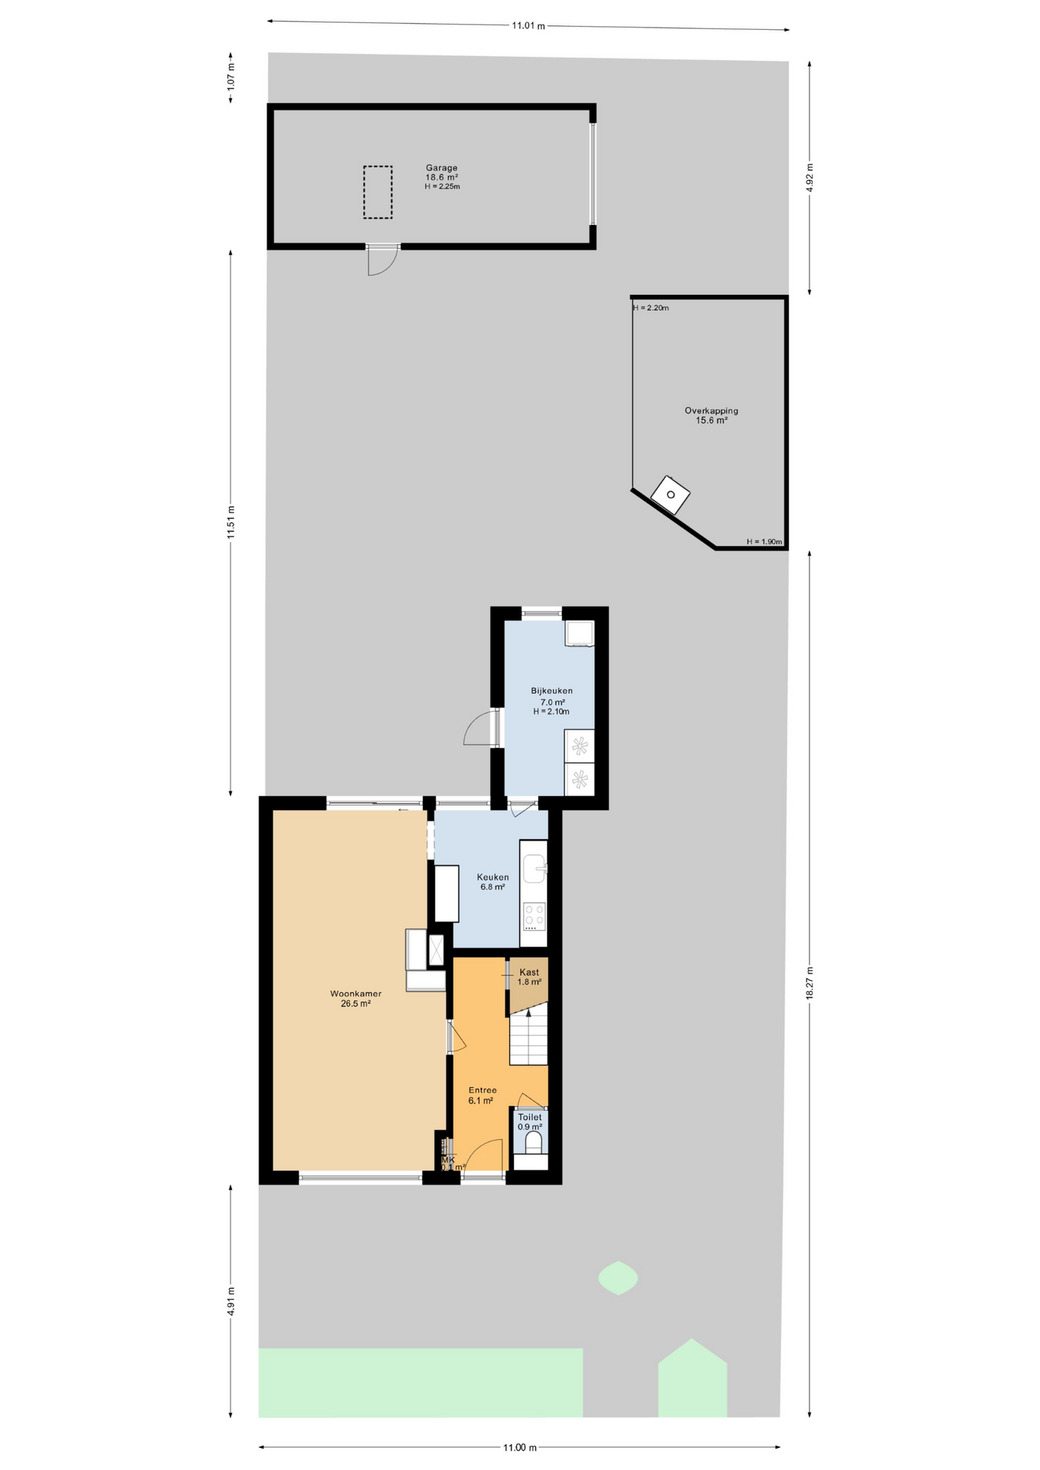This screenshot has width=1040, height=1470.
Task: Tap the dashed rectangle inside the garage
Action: click(378, 192)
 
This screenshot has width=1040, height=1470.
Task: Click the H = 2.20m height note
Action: click(651, 309)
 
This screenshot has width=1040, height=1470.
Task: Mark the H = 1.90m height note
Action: click(764, 542)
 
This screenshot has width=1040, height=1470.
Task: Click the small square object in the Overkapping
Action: click(670, 495)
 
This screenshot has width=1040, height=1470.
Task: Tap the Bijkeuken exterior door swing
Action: click(479, 729)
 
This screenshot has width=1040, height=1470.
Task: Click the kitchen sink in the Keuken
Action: click(535, 867)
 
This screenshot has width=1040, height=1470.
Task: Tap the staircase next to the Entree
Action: click(528, 1037)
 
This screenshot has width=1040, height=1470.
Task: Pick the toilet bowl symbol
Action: click(533, 1142)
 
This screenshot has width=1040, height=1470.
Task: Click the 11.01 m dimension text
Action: click(528, 26)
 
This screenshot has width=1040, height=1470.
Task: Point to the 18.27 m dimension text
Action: click(809, 982)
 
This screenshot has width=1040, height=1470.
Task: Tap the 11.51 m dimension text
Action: click(231, 522)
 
